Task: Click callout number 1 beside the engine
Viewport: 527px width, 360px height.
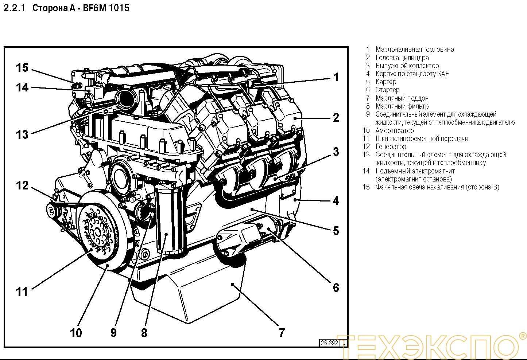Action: point(336,77)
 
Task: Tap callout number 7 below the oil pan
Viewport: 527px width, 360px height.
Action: point(282,332)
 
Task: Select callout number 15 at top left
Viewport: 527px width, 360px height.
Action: point(22,68)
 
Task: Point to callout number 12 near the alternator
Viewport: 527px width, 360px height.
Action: point(22,185)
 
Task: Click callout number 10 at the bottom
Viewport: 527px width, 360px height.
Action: point(76,333)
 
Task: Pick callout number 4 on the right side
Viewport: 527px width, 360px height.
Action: point(336,200)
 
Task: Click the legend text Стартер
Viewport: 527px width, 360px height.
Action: point(387,90)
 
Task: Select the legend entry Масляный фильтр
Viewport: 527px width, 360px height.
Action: point(402,106)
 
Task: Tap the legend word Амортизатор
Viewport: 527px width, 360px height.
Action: point(395,130)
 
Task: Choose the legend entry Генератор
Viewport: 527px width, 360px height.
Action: point(391,146)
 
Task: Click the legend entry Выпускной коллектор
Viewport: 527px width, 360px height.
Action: point(407,66)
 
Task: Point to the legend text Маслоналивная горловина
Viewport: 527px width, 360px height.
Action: point(415,49)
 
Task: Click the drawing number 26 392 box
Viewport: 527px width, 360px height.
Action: point(329,343)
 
